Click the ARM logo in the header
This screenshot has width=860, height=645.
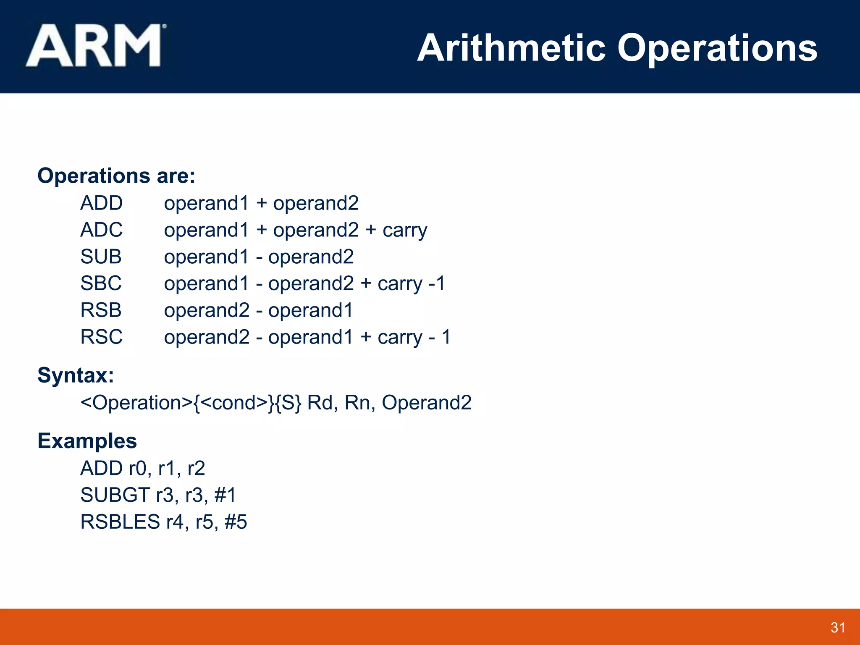pos(94,45)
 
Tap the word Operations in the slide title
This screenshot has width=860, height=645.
pos(717,48)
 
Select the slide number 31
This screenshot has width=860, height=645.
pos(838,627)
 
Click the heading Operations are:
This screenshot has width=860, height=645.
pos(116,176)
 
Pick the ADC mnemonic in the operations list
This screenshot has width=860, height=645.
pos(101,230)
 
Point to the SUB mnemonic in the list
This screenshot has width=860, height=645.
pos(101,257)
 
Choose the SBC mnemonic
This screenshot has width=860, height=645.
pos(101,283)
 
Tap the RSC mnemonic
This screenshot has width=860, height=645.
pos(101,337)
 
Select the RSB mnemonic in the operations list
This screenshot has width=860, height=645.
pos(101,310)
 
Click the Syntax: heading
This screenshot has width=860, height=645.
pos(76,375)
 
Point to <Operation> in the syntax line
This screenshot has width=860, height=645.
pos(136,403)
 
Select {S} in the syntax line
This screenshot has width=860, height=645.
pos(291,403)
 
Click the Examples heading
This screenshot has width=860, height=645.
pos(87,441)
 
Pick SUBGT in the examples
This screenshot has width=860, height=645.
pos(115,495)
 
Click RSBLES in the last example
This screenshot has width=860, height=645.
pos(120,522)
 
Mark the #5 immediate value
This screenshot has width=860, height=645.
pos(236,522)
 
